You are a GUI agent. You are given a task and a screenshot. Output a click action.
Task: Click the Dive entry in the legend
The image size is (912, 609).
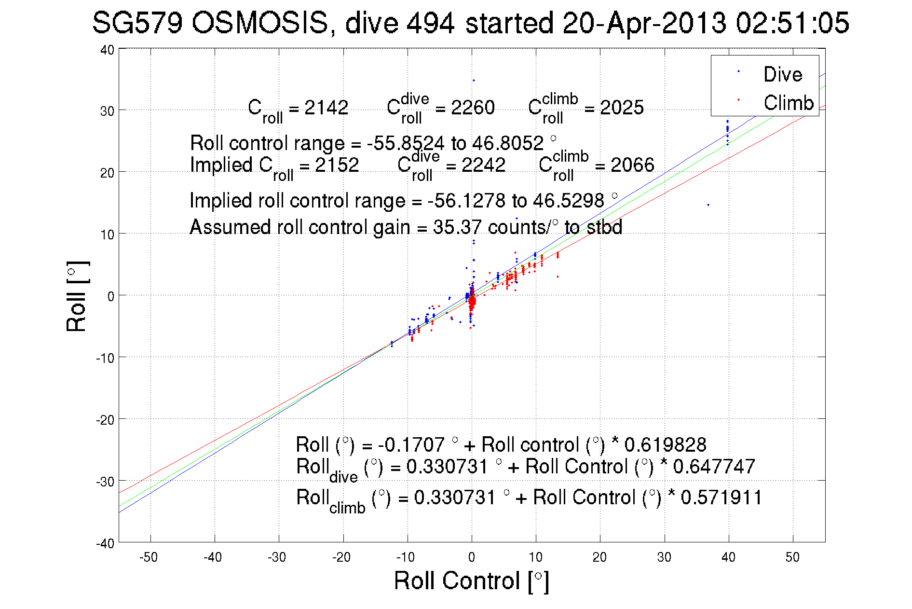click(x=782, y=74)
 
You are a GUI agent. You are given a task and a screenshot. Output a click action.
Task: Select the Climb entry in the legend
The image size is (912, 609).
click(x=788, y=103)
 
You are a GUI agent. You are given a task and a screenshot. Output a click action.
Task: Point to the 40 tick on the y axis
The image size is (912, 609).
click(x=107, y=50)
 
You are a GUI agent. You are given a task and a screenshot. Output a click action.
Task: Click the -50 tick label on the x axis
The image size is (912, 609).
click(x=148, y=557)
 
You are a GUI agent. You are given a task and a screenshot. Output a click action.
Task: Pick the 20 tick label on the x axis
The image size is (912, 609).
click(x=599, y=557)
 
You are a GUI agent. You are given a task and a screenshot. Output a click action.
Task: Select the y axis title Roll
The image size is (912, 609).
click(x=77, y=296)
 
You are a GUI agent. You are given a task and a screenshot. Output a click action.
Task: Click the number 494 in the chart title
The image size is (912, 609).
click(x=430, y=23)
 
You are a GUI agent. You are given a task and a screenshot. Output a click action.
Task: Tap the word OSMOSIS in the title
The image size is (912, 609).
click(x=259, y=23)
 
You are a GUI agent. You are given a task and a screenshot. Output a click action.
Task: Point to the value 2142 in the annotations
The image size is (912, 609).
click(x=326, y=108)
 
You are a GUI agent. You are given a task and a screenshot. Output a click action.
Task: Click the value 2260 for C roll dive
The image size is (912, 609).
click(x=472, y=108)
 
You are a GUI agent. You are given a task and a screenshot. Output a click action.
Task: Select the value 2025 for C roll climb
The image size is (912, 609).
click(x=621, y=108)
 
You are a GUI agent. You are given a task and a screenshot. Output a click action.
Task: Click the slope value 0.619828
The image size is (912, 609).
click(x=665, y=444)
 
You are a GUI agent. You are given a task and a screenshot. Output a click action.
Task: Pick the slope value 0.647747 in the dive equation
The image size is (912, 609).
click(x=714, y=467)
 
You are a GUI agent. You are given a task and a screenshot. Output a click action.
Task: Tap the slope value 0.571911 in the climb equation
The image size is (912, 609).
click(x=721, y=498)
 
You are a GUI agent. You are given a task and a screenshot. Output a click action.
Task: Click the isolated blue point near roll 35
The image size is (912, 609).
click(x=474, y=80)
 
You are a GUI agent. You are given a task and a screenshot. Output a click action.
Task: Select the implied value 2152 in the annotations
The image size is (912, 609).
click(x=337, y=165)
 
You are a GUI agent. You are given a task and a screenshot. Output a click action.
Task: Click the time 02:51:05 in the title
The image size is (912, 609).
click(x=792, y=23)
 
